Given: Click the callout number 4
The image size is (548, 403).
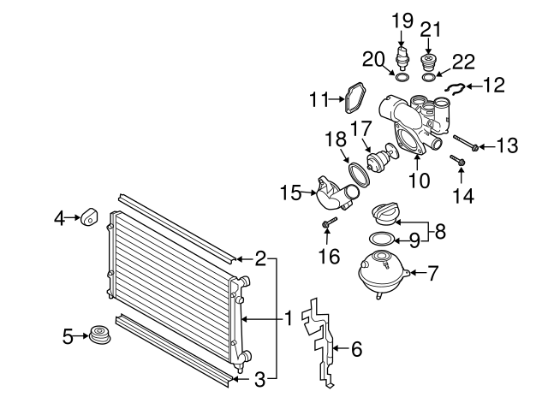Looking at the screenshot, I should coord(59,219).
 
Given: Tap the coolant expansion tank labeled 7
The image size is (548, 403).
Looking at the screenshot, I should coord(382,273).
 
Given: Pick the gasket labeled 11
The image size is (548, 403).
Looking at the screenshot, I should coord(351,99).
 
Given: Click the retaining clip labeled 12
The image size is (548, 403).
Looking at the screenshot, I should coord(456,88).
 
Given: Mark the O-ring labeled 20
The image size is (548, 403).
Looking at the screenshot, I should coord(401,76).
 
